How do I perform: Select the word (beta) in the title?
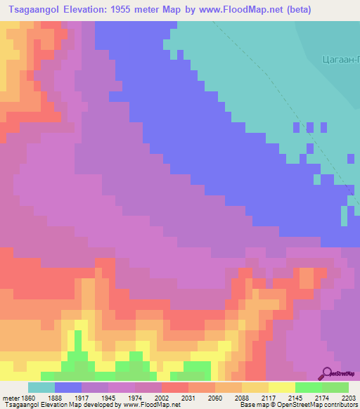[x=295, y=10]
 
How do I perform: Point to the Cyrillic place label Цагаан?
[x=340, y=60]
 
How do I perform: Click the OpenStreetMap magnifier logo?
[x=327, y=372]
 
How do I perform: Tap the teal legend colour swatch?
[x=41, y=387]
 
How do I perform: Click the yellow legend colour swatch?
[x=281, y=387]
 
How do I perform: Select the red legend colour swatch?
[x=174, y=387]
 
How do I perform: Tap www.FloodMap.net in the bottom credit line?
[x=153, y=405]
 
